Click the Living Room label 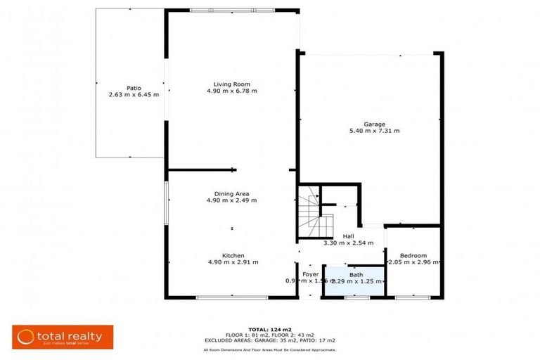[231, 83]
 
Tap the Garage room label [374, 124]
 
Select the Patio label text [134, 87]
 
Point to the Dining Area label [231, 193]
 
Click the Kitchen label [233, 255]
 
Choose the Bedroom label [413, 255]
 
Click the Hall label [349, 236]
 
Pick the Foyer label [311, 274]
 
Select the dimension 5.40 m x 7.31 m [374, 131]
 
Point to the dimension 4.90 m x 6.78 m [231, 91]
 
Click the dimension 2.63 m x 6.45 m [134, 94]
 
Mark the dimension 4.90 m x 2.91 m [233, 262]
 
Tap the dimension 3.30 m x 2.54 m [349, 243]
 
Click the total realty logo [61, 336]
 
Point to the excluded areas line [269, 340]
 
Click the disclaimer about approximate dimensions [269, 349]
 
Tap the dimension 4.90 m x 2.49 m [231, 200]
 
